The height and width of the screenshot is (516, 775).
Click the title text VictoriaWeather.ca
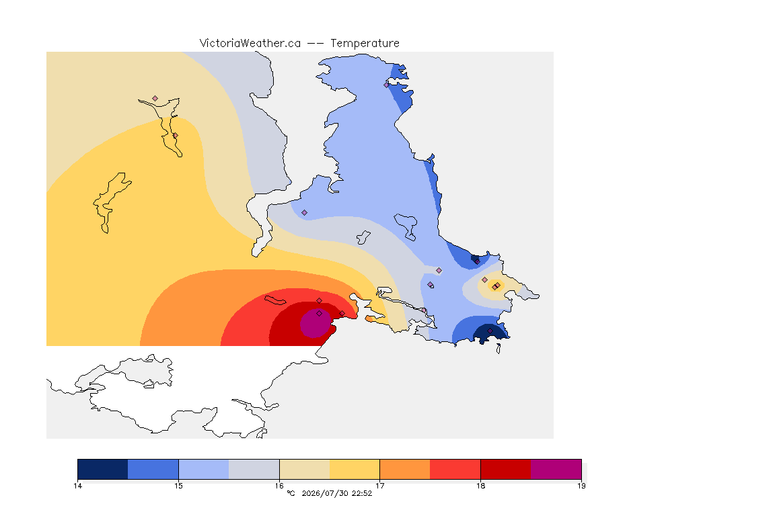(x=250, y=44)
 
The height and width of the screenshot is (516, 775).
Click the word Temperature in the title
(x=365, y=44)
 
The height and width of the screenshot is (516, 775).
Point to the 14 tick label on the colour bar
(x=77, y=486)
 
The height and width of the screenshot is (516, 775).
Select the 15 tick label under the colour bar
(x=178, y=486)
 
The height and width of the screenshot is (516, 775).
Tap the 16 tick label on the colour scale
(x=279, y=486)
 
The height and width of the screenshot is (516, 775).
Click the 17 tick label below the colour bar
(x=379, y=486)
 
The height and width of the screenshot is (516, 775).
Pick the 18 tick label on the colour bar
(x=480, y=486)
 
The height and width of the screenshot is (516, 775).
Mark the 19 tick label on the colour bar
(x=581, y=486)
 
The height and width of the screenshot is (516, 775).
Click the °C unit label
(x=291, y=493)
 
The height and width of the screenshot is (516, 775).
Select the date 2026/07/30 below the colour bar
(x=325, y=493)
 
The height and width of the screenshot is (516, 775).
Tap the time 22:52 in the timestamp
(x=362, y=493)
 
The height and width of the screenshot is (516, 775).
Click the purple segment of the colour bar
(x=556, y=469)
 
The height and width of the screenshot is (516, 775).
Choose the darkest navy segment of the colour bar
(x=103, y=469)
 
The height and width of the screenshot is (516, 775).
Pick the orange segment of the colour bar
(x=405, y=469)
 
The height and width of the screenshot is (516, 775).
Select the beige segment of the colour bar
(x=305, y=469)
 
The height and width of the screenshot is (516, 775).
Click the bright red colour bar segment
(x=455, y=469)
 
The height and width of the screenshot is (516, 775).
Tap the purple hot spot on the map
(x=316, y=323)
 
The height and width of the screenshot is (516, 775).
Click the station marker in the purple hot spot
(x=320, y=314)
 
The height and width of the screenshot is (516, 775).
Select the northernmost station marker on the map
(x=387, y=85)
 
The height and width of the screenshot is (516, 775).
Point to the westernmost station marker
(x=155, y=99)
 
